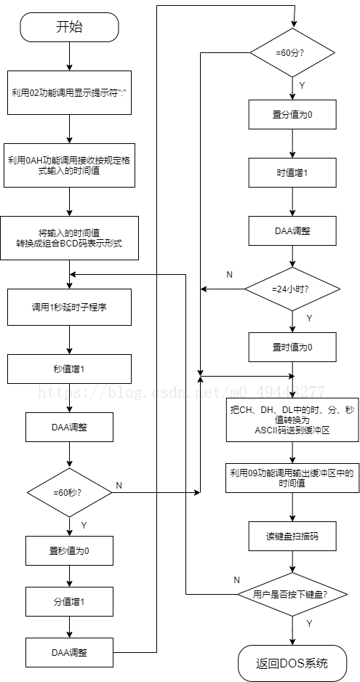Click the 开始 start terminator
pos(70,28)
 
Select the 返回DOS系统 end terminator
pos(292,663)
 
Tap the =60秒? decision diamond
pos(70,493)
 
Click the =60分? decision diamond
pos(292,53)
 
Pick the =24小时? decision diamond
pos(292,289)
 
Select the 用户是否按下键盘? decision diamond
pos(292,594)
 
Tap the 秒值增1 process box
pos(70,369)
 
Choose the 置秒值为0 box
pos(70,550)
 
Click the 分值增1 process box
pos(70,602)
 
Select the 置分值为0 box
pos(292,114)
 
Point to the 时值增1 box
pos(292,172)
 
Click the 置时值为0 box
pos(292,347)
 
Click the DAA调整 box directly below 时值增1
pos(292,230)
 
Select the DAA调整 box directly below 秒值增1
pos(70,428)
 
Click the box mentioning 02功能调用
pos(70,93)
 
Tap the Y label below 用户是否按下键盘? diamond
pos(309,624)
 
